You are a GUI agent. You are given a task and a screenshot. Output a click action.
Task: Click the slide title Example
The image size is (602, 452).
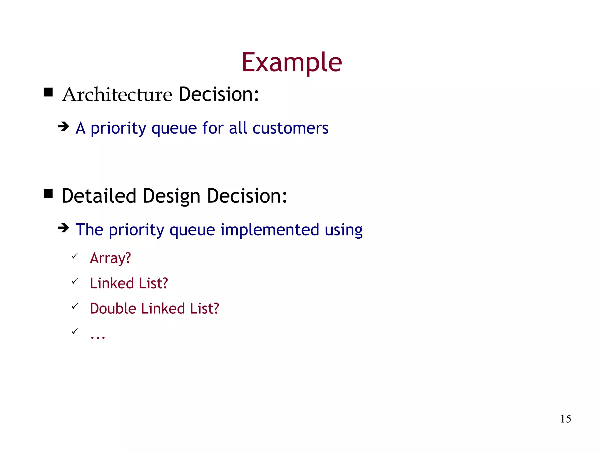point(292,62)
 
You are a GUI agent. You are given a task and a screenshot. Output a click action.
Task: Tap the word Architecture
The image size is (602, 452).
point(117,95)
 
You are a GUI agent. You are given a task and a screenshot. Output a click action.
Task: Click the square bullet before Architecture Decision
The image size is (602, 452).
point(48,92)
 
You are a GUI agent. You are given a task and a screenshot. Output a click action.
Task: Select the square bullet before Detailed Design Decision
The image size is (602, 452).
point(48,194)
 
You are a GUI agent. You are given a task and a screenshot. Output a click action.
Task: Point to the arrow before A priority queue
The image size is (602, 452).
point(63,127)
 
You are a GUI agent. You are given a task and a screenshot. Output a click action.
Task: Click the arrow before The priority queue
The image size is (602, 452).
point(63,228)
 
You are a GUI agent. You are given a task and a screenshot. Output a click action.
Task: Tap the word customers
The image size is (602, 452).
point(290,128)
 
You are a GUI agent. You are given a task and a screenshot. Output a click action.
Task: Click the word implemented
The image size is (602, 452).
point(270,230)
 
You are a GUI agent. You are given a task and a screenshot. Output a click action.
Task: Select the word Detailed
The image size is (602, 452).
point(99,196)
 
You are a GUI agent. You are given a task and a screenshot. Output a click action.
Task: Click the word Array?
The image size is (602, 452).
point(110,258)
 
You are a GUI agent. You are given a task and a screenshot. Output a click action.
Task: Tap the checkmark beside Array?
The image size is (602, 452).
point(75,256)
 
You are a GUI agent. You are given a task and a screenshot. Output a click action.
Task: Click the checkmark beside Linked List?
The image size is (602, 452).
point(75,281)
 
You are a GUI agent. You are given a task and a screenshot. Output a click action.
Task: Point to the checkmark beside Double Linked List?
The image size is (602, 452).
point(75,307)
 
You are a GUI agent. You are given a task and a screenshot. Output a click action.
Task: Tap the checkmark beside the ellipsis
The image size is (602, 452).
point(75,332)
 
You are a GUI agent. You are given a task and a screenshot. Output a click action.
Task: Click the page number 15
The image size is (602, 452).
point(565,419)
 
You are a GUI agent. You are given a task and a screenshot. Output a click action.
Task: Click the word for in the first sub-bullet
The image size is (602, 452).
point(213,128)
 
